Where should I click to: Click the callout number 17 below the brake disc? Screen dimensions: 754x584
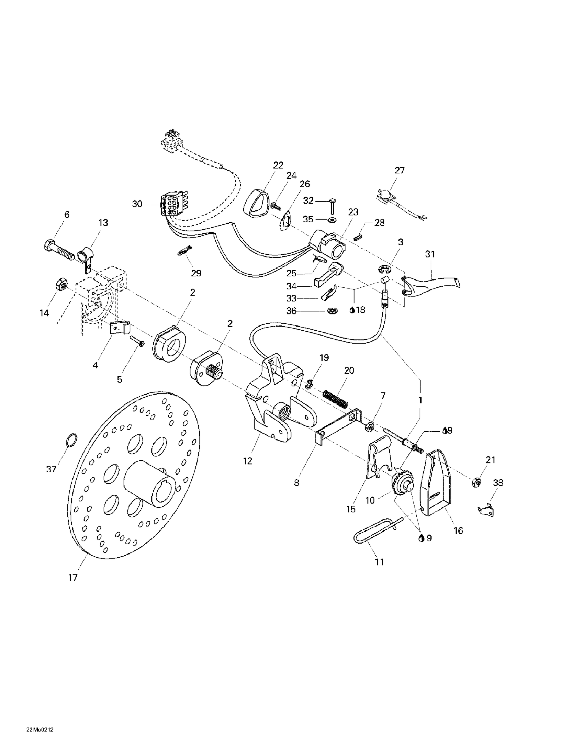click(73, 578)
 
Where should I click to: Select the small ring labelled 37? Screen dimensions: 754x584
click(71, 440)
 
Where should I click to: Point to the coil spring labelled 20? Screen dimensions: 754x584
click(336, 398)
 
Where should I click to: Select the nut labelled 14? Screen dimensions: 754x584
click(61, 284)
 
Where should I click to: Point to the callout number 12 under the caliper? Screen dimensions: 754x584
click(248, 461)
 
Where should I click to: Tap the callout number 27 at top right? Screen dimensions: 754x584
click(400, 170)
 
